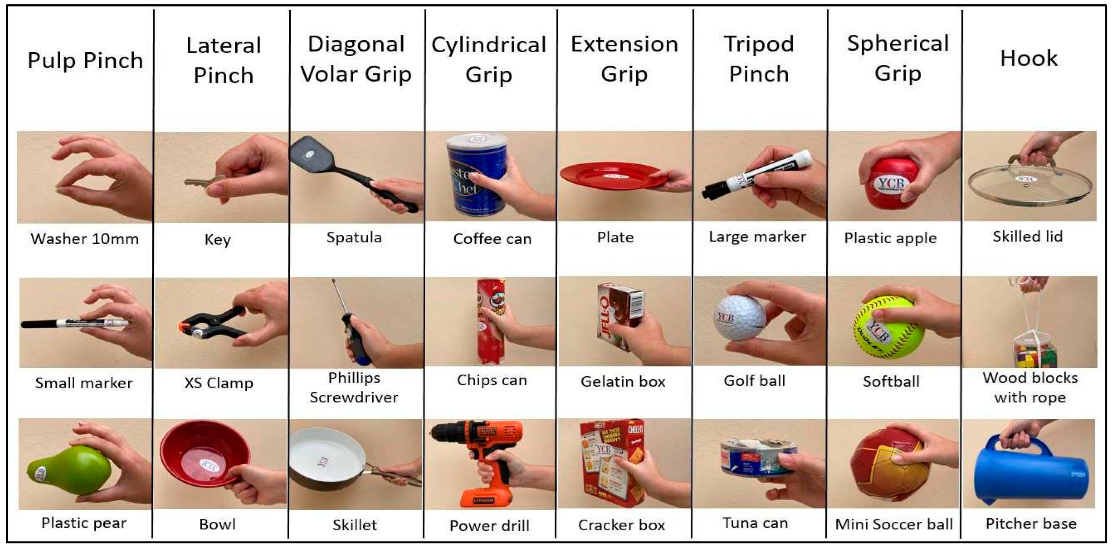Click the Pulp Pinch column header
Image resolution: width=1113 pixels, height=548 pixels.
(x=85, y=61)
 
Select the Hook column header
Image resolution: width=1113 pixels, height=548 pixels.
(x=1029, y=58)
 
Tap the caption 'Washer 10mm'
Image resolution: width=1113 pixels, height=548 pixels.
(x=85, y=239)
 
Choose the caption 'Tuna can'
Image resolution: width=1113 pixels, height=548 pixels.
(x=755, y=523)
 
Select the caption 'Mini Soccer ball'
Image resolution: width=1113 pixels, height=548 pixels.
(x=894, y=524)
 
